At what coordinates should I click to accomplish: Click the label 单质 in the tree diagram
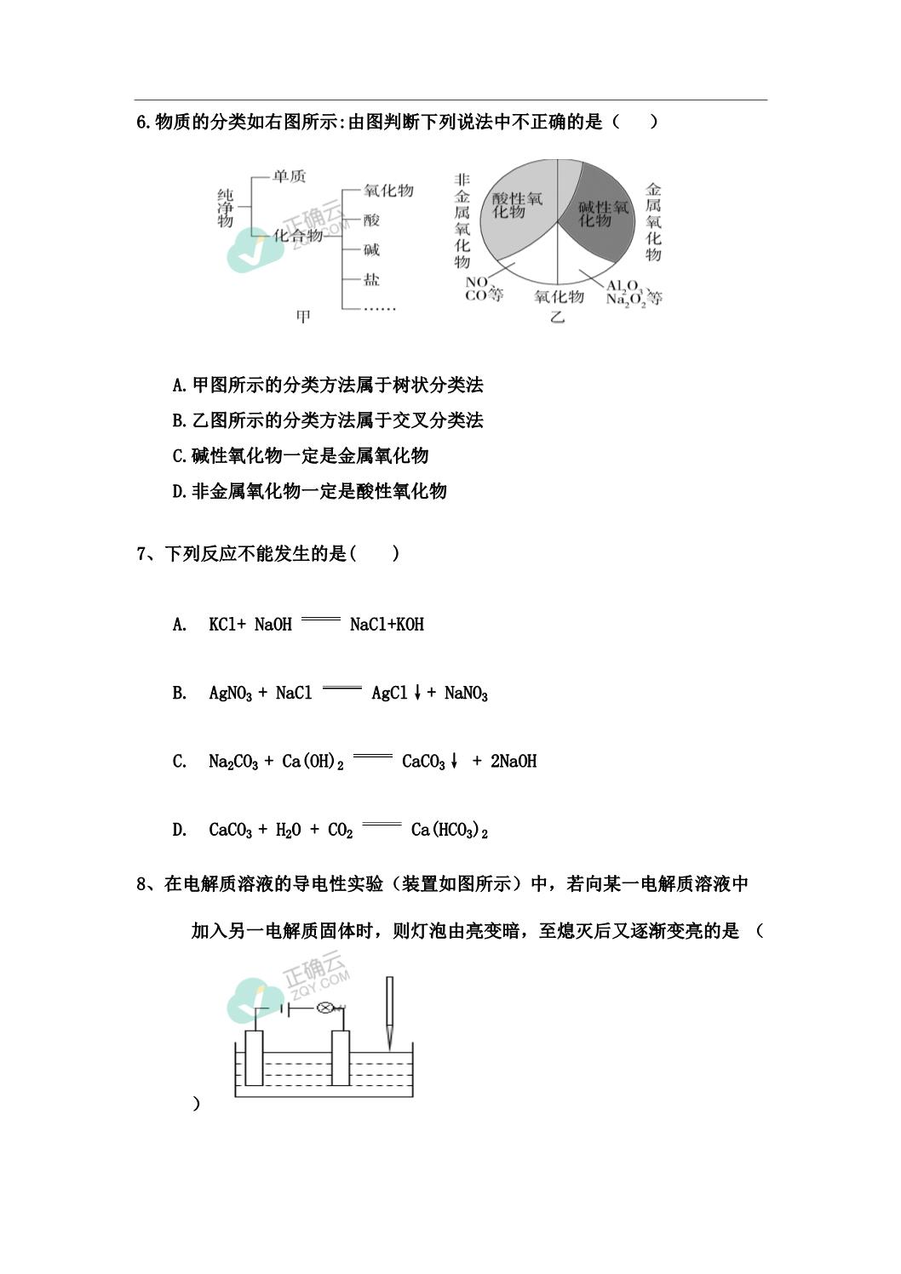pos(288,177)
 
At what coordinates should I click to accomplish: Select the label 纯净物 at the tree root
pos(225,208)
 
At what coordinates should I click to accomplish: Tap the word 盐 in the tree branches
pos(371,279)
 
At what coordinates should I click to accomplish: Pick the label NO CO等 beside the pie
pos(483,289)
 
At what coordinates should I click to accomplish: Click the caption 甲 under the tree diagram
pos(303,317)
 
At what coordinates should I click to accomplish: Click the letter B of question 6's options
pos(179,420)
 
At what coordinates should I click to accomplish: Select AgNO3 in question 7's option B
pos(230,694)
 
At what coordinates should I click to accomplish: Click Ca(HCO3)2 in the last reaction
pos(449,830)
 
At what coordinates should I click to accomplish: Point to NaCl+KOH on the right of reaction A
pos(387,625)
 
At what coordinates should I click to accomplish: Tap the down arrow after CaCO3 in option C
pos(455,762)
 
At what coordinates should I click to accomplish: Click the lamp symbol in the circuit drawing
pos(324,1008)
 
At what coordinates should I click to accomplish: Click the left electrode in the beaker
pos(254,1058)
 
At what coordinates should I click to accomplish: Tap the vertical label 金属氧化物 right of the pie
pos(653,221)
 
